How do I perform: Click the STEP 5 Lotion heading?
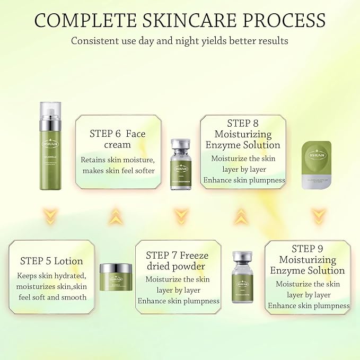click(x=51, y=261)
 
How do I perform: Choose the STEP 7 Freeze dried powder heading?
click(x=178, y=261)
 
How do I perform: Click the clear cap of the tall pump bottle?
click(x=50, y=113)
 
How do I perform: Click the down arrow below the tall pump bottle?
click(x=50, y=215)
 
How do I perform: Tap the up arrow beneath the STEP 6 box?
click(x=117, y=215)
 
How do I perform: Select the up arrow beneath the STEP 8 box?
click(x=242, y=215)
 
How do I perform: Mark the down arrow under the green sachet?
click(x=318, y=215)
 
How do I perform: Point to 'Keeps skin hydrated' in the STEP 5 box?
click(x=50, y=276)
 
